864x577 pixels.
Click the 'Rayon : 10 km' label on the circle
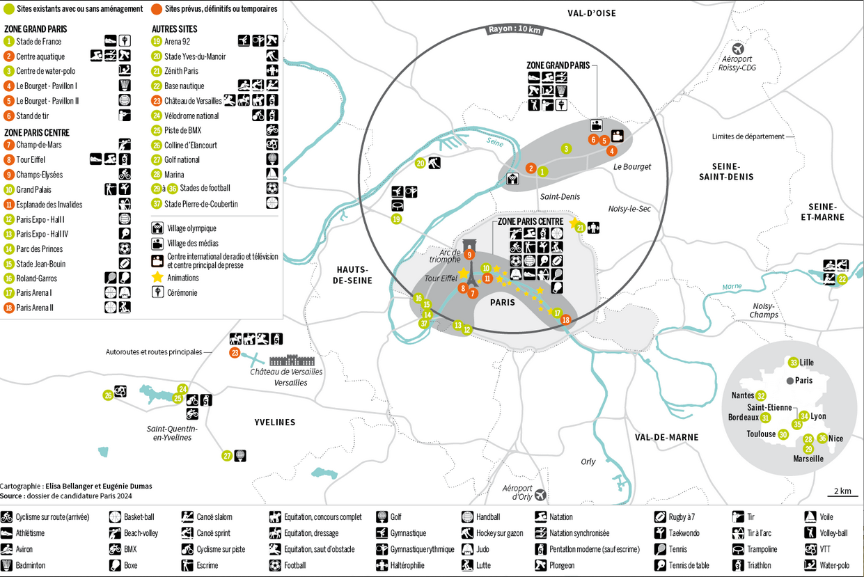[x=515, y=29]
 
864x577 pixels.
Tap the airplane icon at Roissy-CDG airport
[x=738, y=49]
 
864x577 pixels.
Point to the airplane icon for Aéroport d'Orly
[x=540, y=494]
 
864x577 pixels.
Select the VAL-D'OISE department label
[x=592, y=13]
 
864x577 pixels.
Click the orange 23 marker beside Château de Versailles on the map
[x=235, y=352]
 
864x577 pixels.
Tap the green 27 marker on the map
[x=227, y=456]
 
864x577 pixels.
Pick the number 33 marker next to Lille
[x=794, y=363]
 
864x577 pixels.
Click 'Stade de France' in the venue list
[x=38, y=41]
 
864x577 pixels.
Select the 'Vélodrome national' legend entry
[x=191, y=116]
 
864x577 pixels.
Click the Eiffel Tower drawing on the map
[x=471, y=274]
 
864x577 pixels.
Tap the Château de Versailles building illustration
[x=292, y=361]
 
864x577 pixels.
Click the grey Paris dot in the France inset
[x=790, y=381]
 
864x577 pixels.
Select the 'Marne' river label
[x=732, y=287]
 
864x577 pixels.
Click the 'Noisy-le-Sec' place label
[x=629, y=209]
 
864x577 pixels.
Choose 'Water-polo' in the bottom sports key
[x=834, y=565]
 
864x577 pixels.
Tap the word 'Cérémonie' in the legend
[x=182, y=293]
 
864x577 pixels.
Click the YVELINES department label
[x=274, y=422]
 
